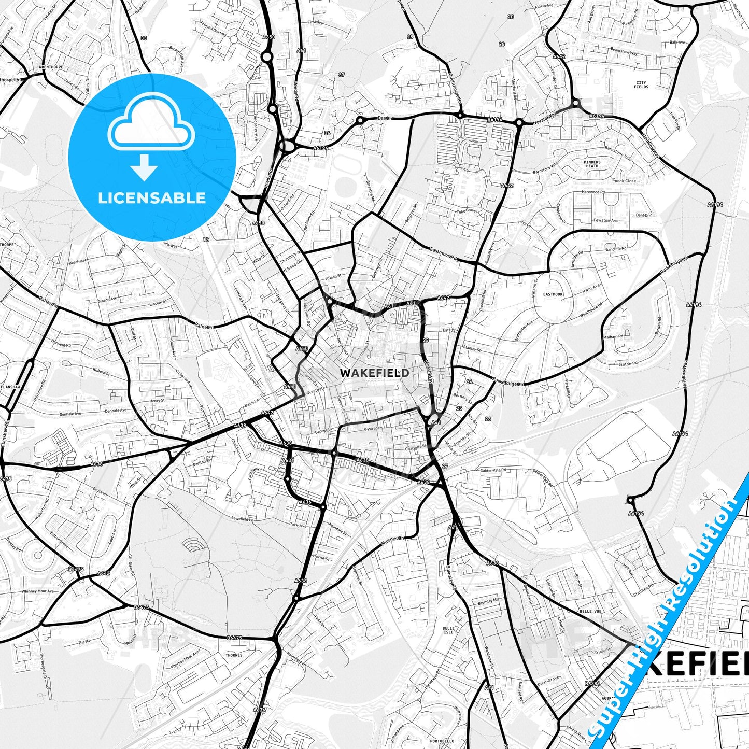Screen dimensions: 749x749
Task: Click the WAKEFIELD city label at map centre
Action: point(374,373)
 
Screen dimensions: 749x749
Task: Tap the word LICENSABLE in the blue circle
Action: point(152,198)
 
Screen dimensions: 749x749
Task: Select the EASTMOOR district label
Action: point(553,294)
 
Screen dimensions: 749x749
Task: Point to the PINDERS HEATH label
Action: point(592,164)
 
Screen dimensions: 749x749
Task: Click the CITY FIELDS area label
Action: point(641,85)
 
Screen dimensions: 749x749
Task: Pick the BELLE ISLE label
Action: point(448,630)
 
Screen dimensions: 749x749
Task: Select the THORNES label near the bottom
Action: point(234,655)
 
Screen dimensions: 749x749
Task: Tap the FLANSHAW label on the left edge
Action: point(10,386)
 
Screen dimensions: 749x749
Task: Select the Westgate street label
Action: point(317,389)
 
